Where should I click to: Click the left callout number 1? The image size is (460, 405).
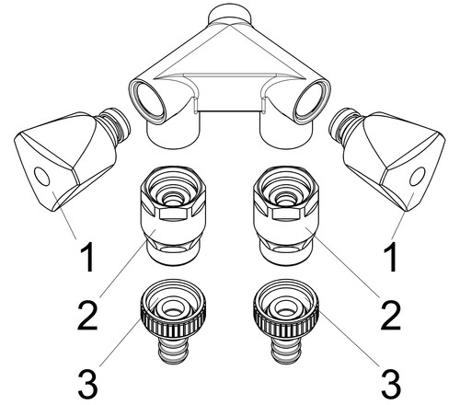coord(86,258)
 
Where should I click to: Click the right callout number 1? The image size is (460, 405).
coord(390,258)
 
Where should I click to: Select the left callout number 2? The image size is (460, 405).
coord(87,316)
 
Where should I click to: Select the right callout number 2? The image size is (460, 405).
coord(391,316)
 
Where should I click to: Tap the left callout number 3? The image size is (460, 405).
coord(87,384)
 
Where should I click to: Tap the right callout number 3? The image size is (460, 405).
coord(391,384)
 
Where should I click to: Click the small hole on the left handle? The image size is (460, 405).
coord(41,176)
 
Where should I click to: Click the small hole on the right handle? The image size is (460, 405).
coord(418,176)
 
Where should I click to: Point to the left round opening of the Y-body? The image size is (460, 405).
coord(149,100)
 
